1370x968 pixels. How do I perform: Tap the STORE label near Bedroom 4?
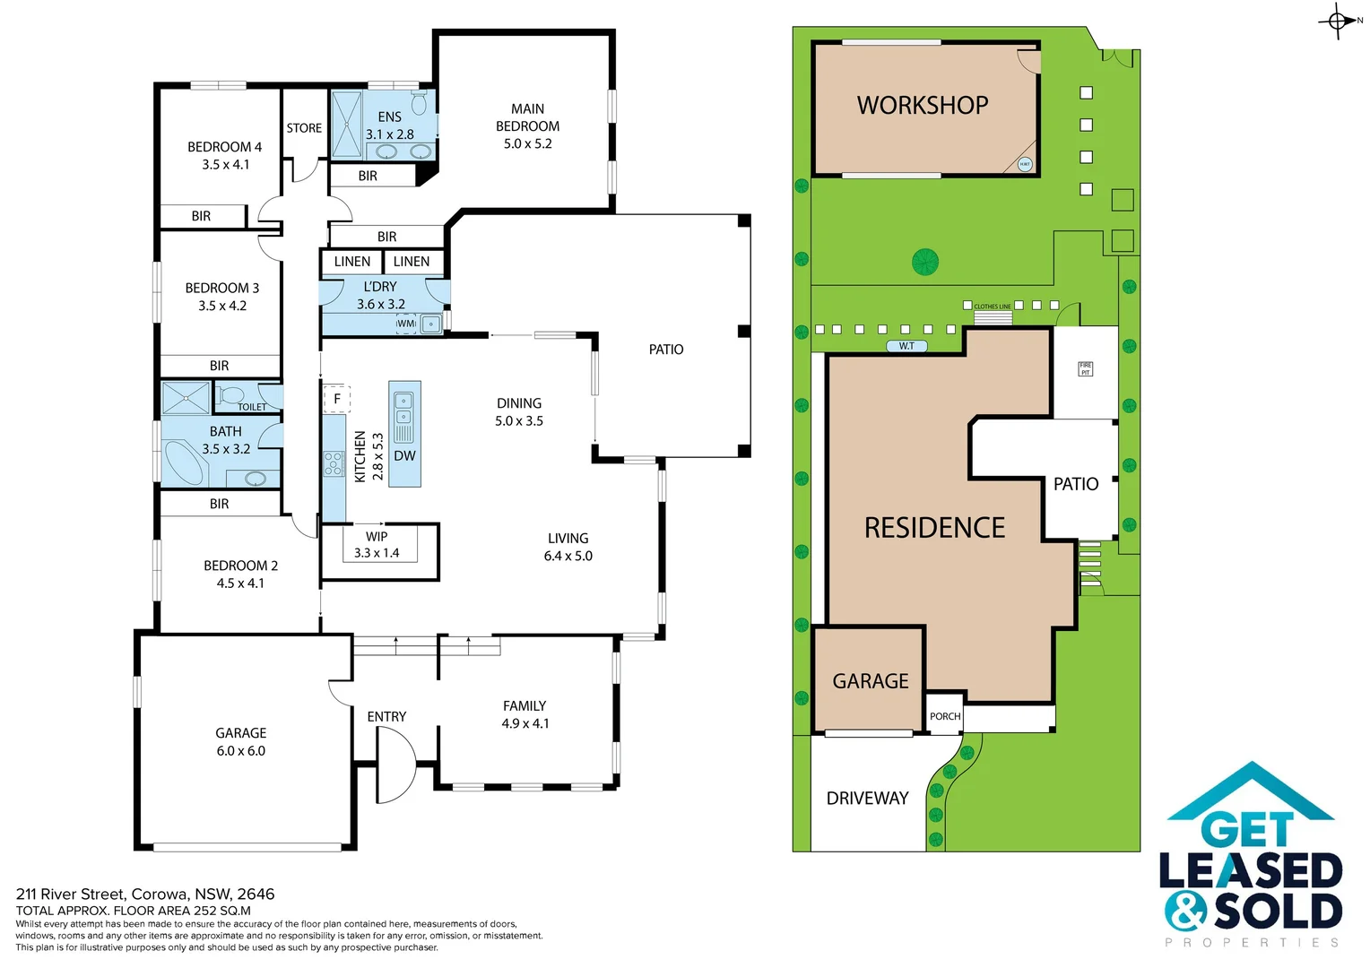[x=304, y=128]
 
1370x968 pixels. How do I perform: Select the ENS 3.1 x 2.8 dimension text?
[x=389, y=134]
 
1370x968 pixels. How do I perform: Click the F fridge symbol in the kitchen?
[x=337, y=399]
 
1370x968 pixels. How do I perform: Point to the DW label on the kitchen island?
[x=405, y=455]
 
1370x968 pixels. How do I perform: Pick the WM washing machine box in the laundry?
[x=406, y=324]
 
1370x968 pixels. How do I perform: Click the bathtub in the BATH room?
[x=186, y=462]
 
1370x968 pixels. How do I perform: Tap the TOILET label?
[x=252, y=407]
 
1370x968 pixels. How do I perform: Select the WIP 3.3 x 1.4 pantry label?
[x=377, y=545]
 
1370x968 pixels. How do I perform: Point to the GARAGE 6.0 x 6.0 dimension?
[x=241, y=751]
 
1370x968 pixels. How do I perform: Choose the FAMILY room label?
[x=525, y=706]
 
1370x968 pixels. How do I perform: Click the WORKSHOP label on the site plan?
[x=923, y=106]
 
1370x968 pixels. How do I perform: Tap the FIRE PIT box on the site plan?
[x=1085, y=368]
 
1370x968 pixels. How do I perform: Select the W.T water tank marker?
[x=906, y=346]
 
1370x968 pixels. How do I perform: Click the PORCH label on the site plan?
[x=945, y=716]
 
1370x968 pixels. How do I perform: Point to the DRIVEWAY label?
[x=867, y=798]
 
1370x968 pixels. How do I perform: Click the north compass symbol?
[x=1339, y=21]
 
